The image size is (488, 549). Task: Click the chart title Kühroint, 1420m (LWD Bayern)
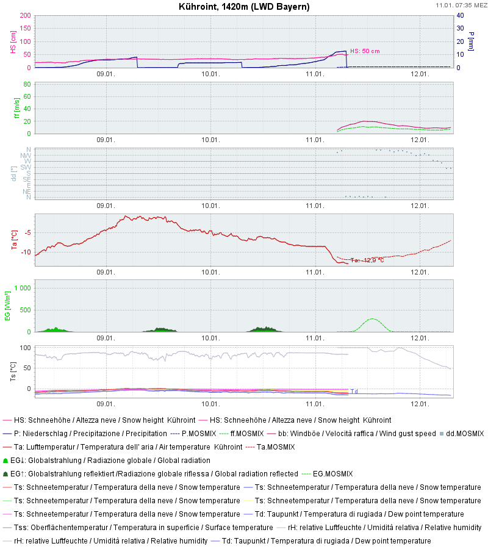[x=244, y=7]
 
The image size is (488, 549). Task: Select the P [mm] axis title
[x=472, y=41]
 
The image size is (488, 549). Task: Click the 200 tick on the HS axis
[x=25, y=15]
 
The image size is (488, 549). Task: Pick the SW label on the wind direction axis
[x=26, y=167]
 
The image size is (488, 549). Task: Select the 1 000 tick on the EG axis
[x=23, y=288]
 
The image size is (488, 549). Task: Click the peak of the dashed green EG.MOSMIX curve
[x=372, y=318]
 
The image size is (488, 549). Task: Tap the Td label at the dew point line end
[x=354, y=391]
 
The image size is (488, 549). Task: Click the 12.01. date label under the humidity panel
[x=420, y=404]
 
